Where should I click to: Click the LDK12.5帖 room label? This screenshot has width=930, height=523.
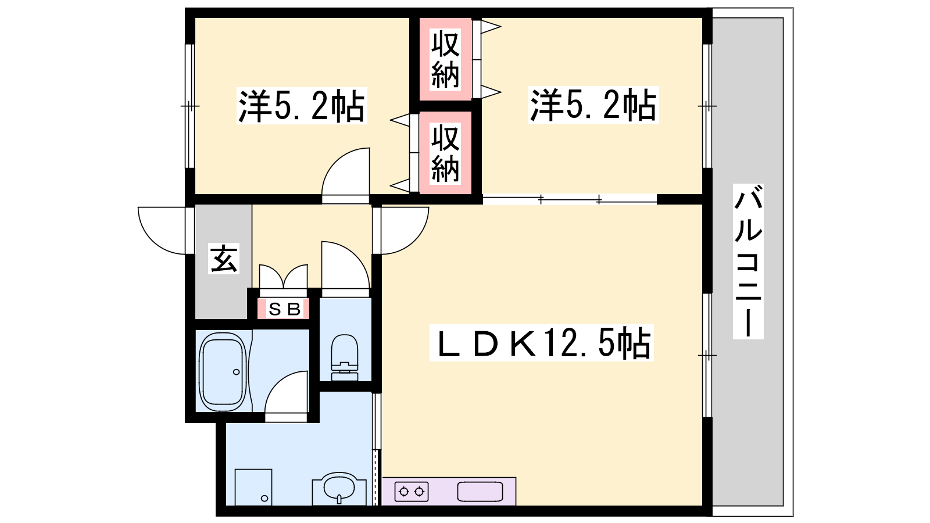click(541, 342)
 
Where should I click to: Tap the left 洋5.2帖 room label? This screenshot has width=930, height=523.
click(302, 105)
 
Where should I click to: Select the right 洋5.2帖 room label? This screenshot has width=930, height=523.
click(593, 105)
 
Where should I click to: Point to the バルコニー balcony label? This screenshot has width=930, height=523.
click(748, 261)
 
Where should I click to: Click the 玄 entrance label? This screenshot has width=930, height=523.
click(224, 258)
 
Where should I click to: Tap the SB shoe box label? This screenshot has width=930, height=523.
click(284, 309)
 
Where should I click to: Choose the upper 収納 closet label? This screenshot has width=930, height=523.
click(445, 59)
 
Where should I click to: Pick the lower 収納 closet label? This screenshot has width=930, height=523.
click(445, 153)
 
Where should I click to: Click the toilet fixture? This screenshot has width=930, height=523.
click(345, 357)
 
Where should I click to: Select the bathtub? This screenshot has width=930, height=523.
click(223, 371)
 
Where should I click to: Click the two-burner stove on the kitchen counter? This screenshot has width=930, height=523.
click(412, 492)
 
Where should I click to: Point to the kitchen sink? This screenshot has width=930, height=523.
click(480, 492)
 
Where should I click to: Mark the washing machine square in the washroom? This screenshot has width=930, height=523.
click(253, 488)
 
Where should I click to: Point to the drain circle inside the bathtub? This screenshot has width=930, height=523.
click(236, 371)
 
